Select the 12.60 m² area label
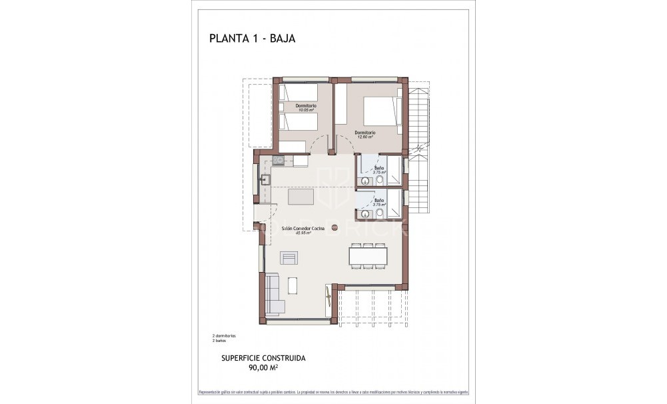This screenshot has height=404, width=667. pyautogui.click(x=365, y=137)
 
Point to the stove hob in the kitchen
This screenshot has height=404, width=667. pyautogui.click(x=278, y=160)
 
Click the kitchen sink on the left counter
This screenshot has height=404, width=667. pyautogui.click(x=265, y=179)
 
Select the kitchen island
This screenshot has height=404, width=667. pyautogui.click(x=301, y=197)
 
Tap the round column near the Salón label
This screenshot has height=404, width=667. pyautogui.click(x=335, y=228)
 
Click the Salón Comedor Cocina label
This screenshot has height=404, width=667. pyautogui.click(x=304, y=228)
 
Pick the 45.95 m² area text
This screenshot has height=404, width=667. pyautogui.click(x=304, y=233)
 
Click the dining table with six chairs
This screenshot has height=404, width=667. pyautogui.click(x=367, y=257)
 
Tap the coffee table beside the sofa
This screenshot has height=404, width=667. pyautogui.click(x=293, y=285)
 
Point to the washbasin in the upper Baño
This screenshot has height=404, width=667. pyautogui.click(x=366, y=180)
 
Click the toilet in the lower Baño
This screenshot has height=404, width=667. pyautogui.click(x=379, y=213)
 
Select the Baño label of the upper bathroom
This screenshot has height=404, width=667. pyautogui.click(x=379, y=167)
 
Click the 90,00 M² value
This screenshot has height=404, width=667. pyautogui.click(x=263, y=367)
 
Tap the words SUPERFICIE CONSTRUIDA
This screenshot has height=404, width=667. pyautogui.click(x=263, y=358)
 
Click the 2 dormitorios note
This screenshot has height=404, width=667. pyautogui.click(x=224, y=335)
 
